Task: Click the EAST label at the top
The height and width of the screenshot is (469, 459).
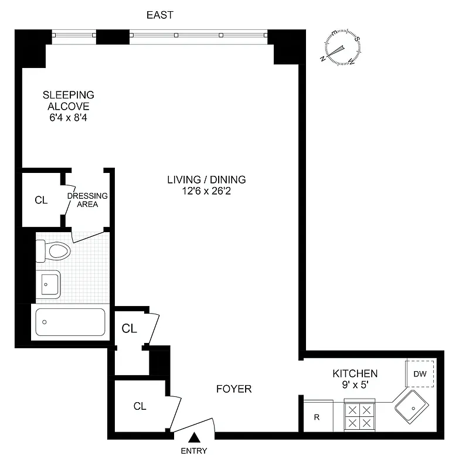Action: [x=159, y=15]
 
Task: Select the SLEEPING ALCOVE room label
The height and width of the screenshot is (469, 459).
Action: [x=69, y=100]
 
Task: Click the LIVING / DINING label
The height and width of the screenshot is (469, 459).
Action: [x=206, y=180]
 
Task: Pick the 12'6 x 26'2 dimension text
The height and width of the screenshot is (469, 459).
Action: [x=206, y=192]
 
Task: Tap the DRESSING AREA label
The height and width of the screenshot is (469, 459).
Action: [x=87, y=200]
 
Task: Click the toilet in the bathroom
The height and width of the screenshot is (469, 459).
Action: [x=54, y=251]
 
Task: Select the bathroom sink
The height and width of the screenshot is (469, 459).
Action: [x=49, y=284]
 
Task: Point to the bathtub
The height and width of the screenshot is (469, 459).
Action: [x=70, y=322]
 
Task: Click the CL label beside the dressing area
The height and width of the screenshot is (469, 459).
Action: [x=41, y=200]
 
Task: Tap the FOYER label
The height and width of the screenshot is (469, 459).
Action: [x=234, y=389]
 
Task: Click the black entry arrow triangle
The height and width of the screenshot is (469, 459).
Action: [x=195, y=437]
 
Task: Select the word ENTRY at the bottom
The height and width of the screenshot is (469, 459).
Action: [x=194, y=451]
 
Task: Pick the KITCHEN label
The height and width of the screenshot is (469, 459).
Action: [x=355, y=373]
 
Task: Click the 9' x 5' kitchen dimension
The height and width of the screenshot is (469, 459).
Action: [x=355, y=385]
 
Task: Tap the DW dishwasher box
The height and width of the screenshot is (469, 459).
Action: [x=420, y=374]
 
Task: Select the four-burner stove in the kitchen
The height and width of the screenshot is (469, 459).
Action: [x=359, y=416]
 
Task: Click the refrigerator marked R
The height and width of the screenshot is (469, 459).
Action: [x=317, y=417]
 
